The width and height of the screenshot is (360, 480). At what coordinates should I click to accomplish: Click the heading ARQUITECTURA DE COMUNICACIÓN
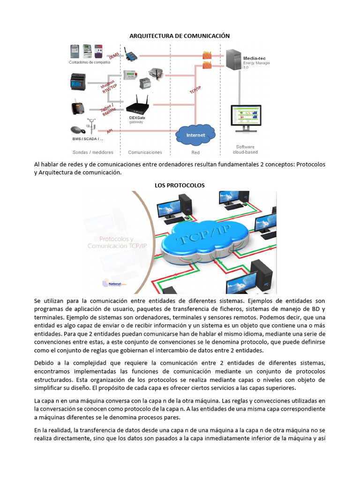pos(180,36)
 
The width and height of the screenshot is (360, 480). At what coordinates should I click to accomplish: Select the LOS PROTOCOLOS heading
pos(180,185)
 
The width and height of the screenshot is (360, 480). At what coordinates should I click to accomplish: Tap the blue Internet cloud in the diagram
pos(196,135)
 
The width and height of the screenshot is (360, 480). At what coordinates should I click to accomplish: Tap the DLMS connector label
pos(114,56)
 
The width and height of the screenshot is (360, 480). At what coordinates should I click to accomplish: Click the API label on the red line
pos(110,131)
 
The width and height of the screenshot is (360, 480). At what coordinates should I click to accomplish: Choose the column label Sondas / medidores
pos(93,152)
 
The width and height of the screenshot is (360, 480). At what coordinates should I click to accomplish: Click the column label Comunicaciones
pos(145,152)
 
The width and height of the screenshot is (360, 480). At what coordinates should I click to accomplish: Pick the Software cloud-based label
pos(245,150)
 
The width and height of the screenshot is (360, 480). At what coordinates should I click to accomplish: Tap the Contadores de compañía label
pos(90,62)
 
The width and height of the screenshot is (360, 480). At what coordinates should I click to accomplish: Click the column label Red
pos(195,152)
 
